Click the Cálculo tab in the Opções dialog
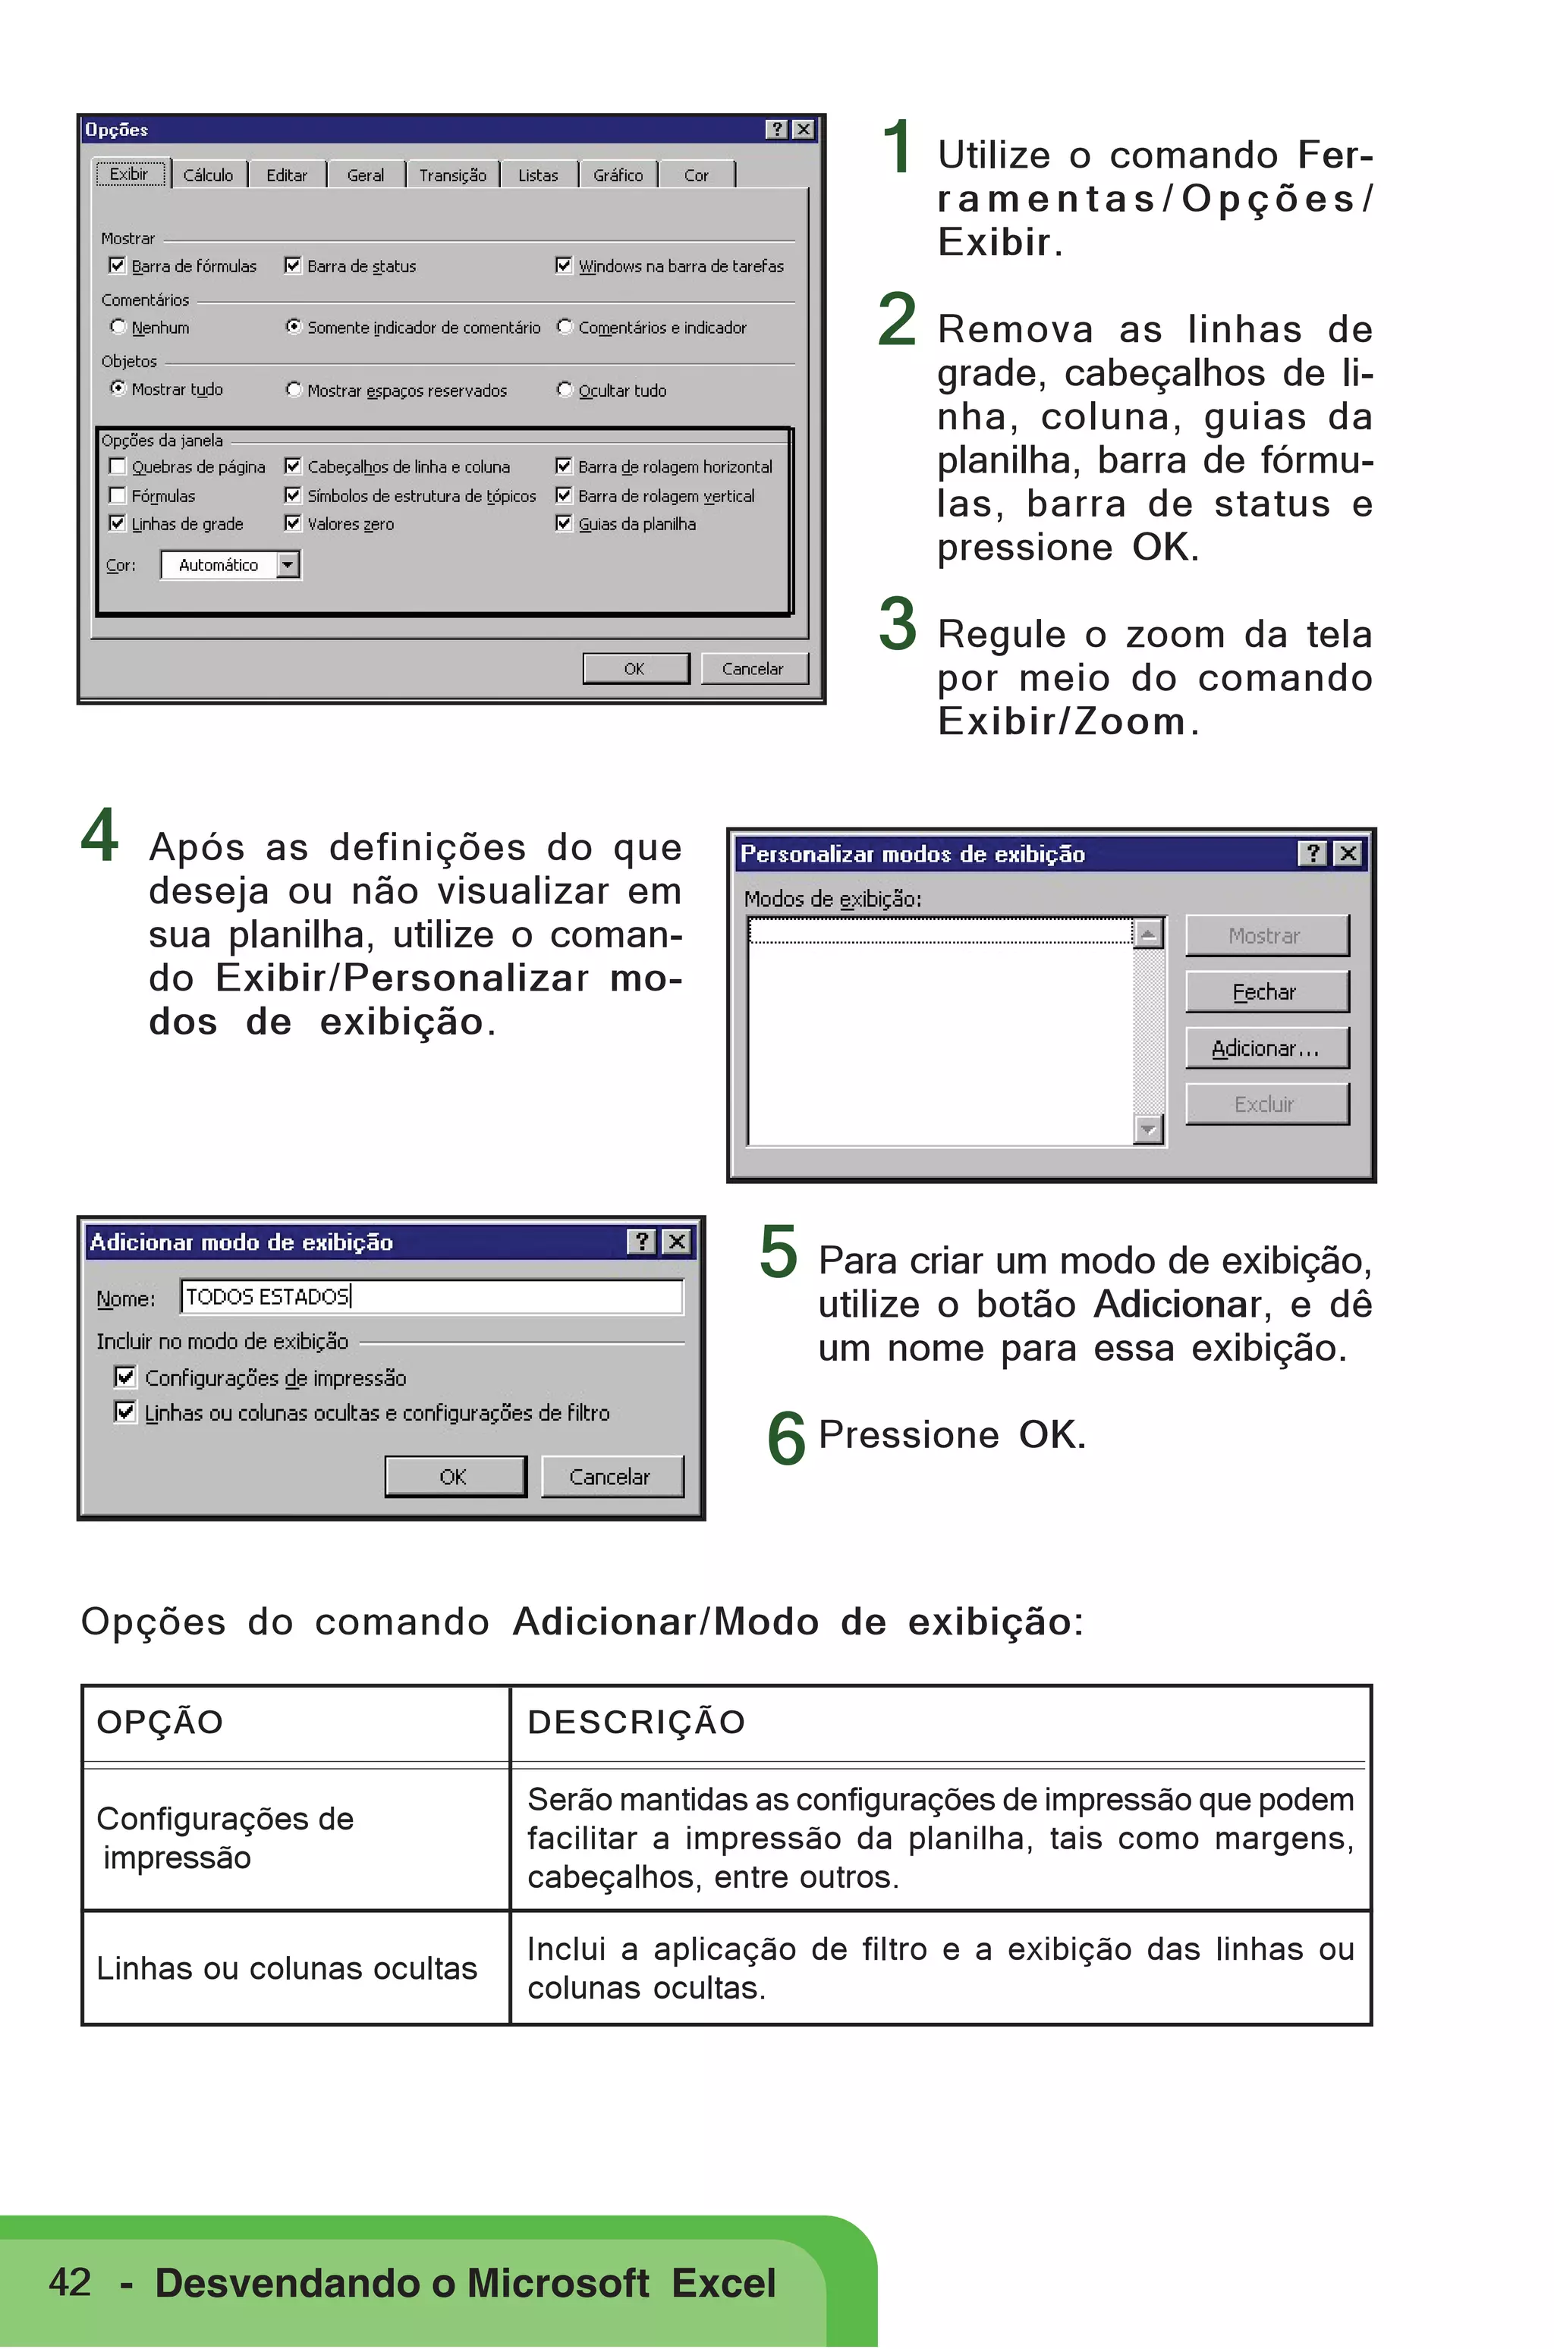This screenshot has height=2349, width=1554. (208, 175)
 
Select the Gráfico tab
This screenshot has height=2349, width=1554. (618, 175)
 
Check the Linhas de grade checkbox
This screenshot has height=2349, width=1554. (117, 523)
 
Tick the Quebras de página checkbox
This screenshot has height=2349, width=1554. (117, 466)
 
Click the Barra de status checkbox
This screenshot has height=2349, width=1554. (292, 265)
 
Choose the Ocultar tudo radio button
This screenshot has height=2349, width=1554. (564, 389)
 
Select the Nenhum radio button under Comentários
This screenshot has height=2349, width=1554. (118, 326)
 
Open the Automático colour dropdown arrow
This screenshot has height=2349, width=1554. (288, 565)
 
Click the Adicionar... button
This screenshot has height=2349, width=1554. (1266, 1048)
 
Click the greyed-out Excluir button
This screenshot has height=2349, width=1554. (1266, 1104)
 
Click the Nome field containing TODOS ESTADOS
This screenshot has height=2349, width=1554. (431, 1297)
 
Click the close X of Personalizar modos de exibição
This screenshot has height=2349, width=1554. (1348, 854)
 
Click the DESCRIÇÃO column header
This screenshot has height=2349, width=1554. (637, 1722)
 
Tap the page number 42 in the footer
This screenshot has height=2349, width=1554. (69, 2281)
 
